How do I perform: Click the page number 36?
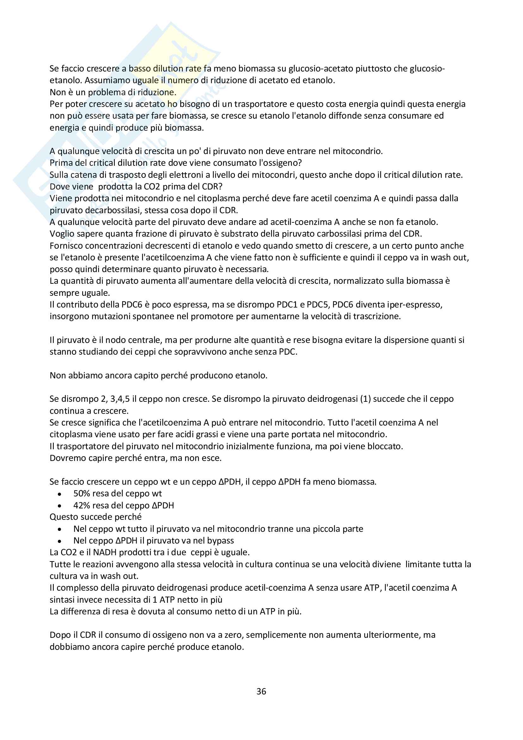261,691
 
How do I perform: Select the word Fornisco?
65,246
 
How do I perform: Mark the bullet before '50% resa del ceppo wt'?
59,494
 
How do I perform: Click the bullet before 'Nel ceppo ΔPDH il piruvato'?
59,541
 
